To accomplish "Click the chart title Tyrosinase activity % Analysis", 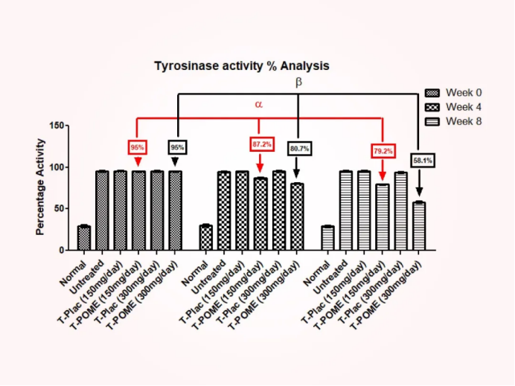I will coord(241,66).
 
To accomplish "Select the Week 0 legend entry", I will coord(453,93).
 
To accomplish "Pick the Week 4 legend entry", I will coord(453,107).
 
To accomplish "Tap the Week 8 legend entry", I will coord(453,121).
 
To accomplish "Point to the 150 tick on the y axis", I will coord(57,126).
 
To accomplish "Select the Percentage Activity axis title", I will coord(40,189).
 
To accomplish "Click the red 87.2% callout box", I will coord(261,144).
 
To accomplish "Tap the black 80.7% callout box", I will coord(299,149).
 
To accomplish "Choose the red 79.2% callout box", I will coord(383,152).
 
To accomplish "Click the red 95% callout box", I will coord(138,147).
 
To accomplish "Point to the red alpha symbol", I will coord(259,105).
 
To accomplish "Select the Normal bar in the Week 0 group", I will coord(84,238).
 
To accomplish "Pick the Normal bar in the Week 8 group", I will coord(327,238).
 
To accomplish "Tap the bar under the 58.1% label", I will coord(420,226).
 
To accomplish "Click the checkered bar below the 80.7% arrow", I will coord(297,216).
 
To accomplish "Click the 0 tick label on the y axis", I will coord(63,251).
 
